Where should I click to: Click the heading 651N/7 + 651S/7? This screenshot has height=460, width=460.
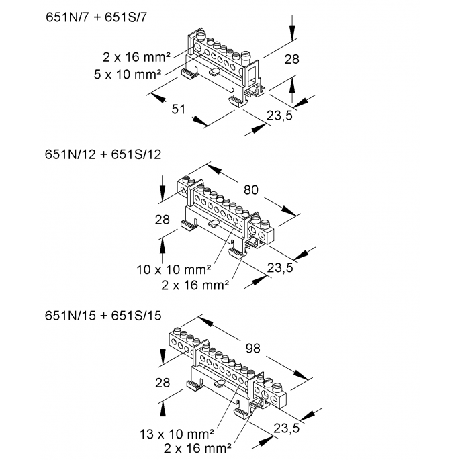[x=95, y=18]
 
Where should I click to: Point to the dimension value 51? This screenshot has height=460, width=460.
[x=178, y=109]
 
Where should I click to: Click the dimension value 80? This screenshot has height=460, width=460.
[x=250, y=190]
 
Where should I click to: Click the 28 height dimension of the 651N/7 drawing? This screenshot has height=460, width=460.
[x=291, y=59]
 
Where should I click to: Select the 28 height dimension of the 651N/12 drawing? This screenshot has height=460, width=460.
[x=162, y=220]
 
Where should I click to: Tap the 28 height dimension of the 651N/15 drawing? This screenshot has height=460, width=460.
[x=162, y=383]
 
